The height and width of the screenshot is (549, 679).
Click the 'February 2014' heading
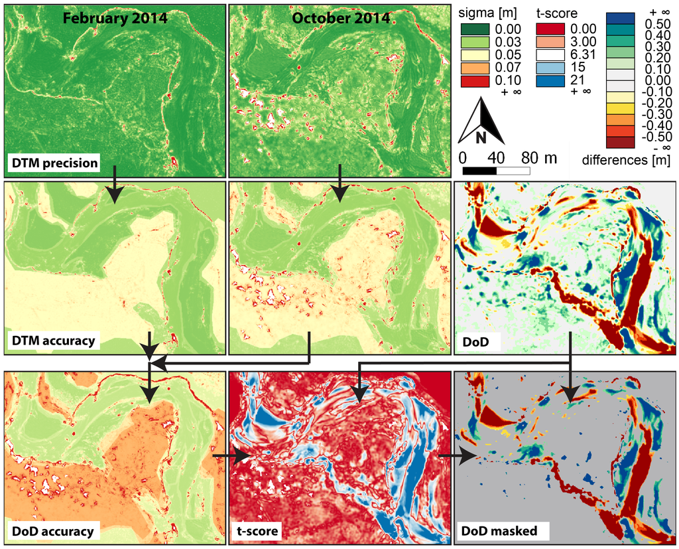[115, 18]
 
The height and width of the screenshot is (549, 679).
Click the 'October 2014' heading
[341, 18]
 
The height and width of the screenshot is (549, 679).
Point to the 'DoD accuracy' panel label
[52, 530]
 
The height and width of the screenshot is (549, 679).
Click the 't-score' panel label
[259, 530]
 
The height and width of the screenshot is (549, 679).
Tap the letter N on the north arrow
[481, 137]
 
